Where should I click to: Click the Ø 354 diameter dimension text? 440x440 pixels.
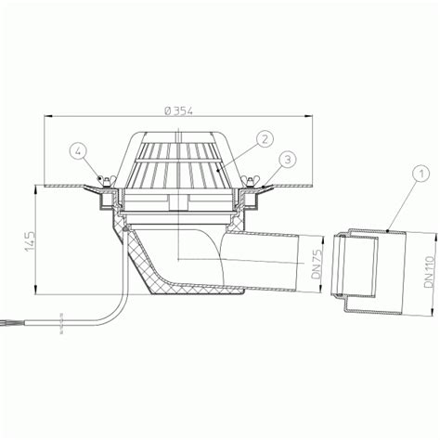pyautogui.click(x=179, y=110)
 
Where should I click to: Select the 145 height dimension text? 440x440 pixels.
pyautogui.click(x=31, y=240)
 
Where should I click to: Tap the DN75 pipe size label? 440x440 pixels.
pyautogui.click(x=317, y=265)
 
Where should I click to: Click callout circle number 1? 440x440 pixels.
pyautogui.click(x=421, y=175)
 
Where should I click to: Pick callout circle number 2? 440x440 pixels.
pyautogui.click(x=264, y=139)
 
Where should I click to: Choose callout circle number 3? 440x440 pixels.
pyautogui.click(x=288, y=160)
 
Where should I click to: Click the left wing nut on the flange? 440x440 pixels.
pyautogui.click(x=106, y=181)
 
